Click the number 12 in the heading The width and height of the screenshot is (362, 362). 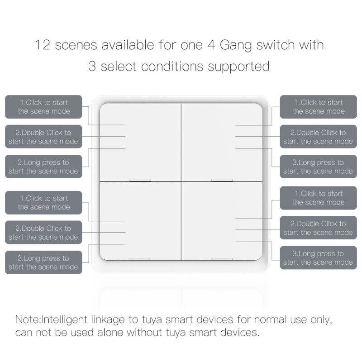point(44,45)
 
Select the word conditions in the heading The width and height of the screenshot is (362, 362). point(173,67)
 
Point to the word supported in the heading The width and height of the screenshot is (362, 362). point(238,67)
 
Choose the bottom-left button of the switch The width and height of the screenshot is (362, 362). point(140,221)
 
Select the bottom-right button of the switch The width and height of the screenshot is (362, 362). point(222,221)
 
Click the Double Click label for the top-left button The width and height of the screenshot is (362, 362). point(43,137)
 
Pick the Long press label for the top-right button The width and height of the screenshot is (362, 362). point(318,167)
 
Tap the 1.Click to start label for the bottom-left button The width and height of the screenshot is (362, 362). point(43,202)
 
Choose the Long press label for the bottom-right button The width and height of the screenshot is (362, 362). point(318,258)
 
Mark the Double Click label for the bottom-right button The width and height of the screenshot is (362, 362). point(318,228)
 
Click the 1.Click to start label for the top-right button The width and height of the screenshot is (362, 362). point(318,107)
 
